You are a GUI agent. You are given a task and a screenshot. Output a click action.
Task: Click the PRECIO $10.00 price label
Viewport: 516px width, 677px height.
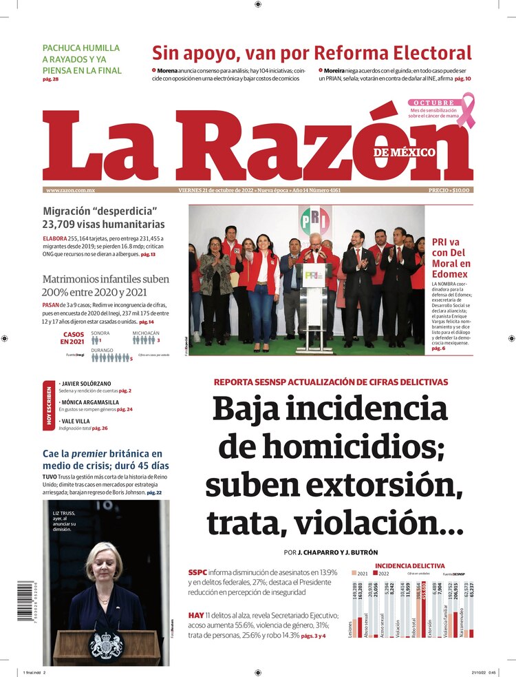[x=449, y=190]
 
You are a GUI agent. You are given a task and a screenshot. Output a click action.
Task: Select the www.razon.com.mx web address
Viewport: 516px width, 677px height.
[x=70, y=190]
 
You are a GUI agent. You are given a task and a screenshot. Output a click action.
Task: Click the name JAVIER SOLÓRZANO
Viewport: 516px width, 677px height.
[x=87, y=383]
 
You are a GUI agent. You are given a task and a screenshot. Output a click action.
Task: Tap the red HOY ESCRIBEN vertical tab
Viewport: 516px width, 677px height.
[x=47, y=405]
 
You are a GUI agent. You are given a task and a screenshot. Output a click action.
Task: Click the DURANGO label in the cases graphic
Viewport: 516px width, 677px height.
[x=104, y=350]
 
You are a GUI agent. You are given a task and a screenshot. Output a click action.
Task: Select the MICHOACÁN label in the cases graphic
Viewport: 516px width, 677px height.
[x=146, y=333]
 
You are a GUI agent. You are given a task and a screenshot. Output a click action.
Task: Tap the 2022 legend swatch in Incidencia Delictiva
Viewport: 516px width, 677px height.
[x=376, y=573]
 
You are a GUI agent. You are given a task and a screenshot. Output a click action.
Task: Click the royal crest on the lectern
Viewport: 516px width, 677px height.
[x=105, y=645]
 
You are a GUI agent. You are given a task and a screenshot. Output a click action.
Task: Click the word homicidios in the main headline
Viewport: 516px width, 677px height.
[x=330, y=448]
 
